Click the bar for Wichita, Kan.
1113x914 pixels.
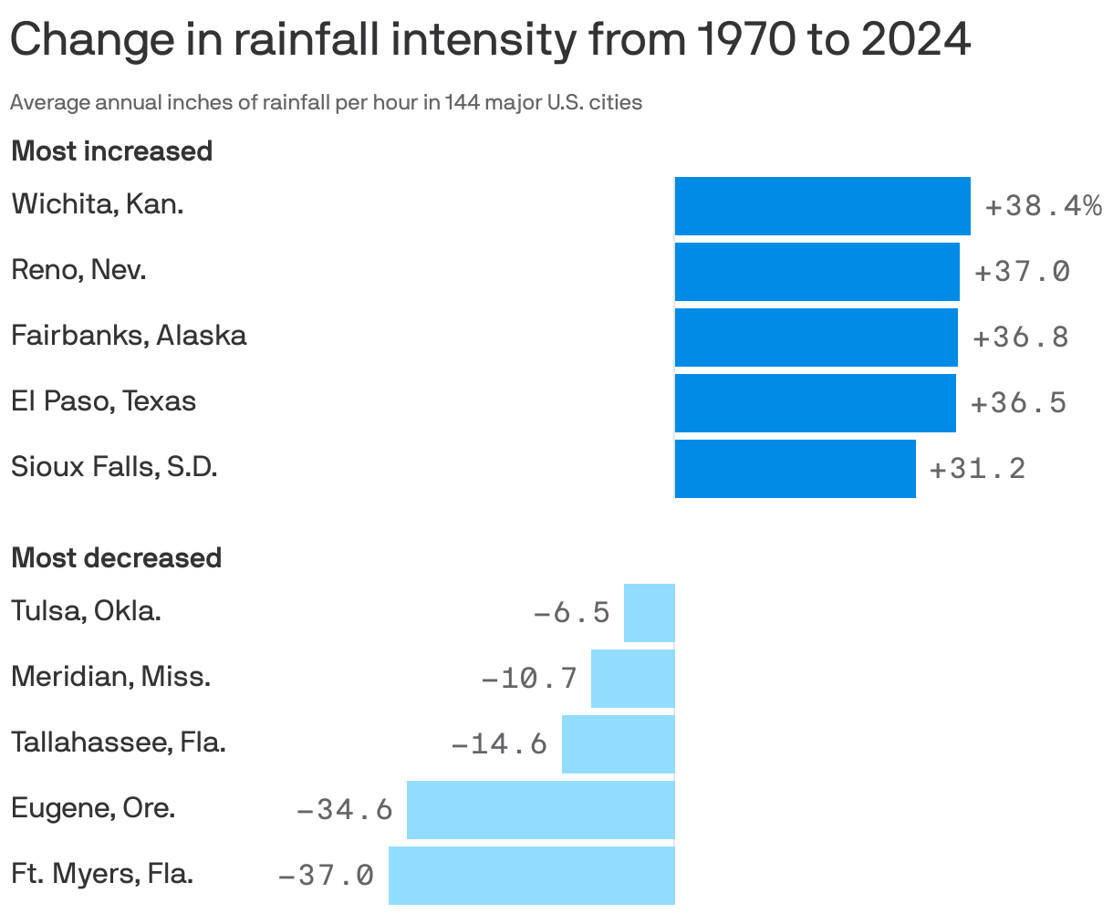click(x=822, y=206)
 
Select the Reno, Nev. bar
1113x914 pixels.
click(x=817, y=272)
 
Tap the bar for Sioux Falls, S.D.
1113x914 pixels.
click(x=795, y=469)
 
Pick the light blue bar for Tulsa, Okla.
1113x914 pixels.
click(x=649, y=613)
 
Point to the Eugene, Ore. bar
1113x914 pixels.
click(x=540, y=810)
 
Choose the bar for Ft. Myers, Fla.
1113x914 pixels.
click(x=531, y=876)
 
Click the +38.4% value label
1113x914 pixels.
click(x=1043, y=207)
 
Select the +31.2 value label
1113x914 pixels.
click(x=977, y=469)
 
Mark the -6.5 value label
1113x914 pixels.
click(x=571, y=612)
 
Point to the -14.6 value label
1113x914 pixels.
click(x=499, y=744)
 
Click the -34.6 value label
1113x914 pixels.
click(x=344, y=809)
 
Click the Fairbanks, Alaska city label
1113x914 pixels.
click(x=129, y=336)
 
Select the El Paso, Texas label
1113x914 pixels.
click(x=103, y=401)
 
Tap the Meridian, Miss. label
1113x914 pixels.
click(x=110, y=677)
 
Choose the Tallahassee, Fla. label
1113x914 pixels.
click(x=119, y=743)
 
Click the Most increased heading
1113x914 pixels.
click(x=111, y=151)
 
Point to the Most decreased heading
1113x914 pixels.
click(x=116, y=557)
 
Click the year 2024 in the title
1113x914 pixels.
click(x=917, y=40)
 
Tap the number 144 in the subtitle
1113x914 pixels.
click(x=460, y=102)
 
